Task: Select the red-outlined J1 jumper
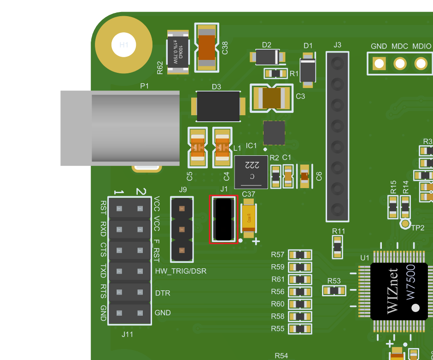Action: [x=224, y=219]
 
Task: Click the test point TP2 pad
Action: [x=405, y=224]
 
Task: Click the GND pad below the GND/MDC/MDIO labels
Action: [x=379, y=63]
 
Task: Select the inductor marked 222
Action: [x=251, y=172]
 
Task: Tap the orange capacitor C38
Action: [x=207, y=47]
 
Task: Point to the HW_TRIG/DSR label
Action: [x=181, y=271]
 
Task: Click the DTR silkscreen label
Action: [x=163, y=293]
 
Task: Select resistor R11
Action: [x=338, y=247]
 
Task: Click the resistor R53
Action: [x=334, y=290]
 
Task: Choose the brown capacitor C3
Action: [x=272, y=98]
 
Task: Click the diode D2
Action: [x=267, y=57]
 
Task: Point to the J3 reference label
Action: [x=337, y=45]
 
